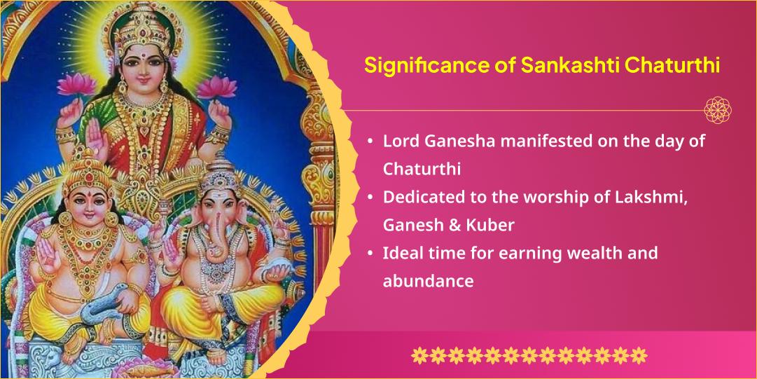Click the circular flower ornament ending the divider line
click(718, 110)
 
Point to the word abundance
click(428, 281)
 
